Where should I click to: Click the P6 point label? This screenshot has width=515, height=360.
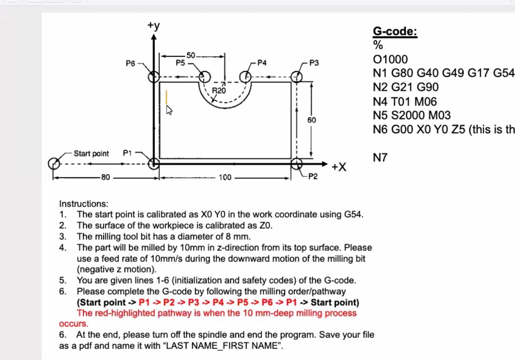[x=130, y=64]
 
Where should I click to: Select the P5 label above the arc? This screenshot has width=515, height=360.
[x=180, y=63]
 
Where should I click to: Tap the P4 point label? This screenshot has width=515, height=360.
[x=262, y=63]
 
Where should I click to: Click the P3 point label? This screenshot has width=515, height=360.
[x=314, y=63]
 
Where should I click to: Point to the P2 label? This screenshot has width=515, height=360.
[x=312, y=177]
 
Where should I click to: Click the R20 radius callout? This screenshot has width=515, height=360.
[x=219, y=90]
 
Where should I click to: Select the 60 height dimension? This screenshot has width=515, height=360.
[x=312, y=120]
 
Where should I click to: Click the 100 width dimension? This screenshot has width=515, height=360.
[x=225, y=177]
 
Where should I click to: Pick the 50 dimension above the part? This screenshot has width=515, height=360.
[x=191, y=55]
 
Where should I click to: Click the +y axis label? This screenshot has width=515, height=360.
[x=154, y=26]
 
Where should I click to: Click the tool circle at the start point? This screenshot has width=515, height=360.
[x=54, y=163]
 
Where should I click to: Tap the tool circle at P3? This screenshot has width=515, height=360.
[x=297, y=76]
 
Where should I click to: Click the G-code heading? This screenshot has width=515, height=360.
[x=395, y=32]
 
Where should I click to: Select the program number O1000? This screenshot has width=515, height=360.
[x=390, y=59]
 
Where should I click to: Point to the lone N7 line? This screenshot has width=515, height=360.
[x=381, y=158]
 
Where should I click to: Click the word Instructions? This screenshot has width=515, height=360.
[x=83, y=204]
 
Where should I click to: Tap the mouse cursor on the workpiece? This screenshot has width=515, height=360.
[x=169, y=110]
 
